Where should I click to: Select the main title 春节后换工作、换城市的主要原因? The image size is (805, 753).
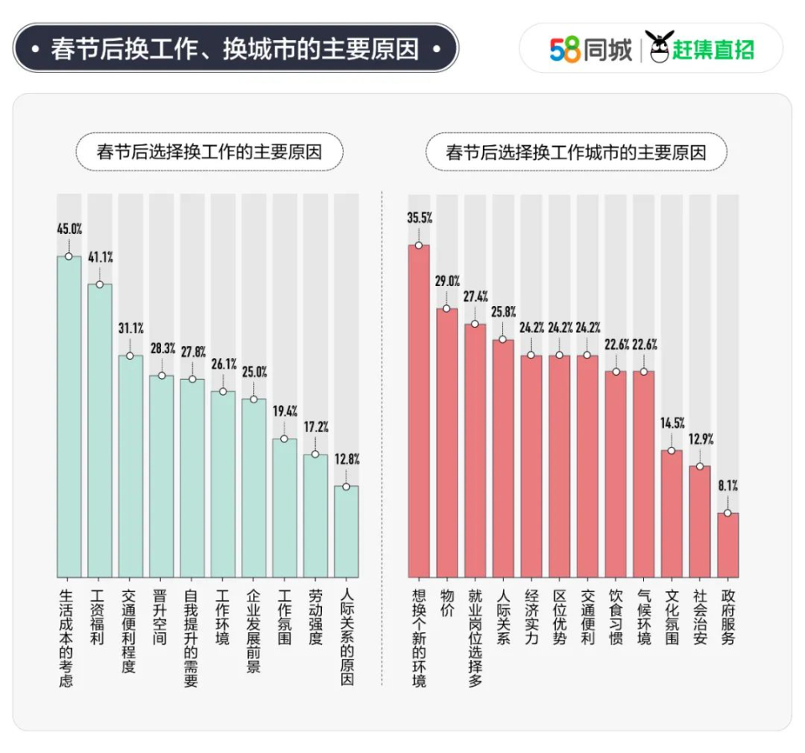235,49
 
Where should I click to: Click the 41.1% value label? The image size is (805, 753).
100,257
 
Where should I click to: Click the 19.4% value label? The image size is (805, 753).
284,411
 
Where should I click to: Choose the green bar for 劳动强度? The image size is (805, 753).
315,516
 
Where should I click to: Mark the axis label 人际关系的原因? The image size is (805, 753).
346,636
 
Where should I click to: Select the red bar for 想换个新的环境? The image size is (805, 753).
418,411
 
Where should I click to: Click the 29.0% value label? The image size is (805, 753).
447,281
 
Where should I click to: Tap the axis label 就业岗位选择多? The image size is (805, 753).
475,636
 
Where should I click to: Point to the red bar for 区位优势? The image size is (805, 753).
559,466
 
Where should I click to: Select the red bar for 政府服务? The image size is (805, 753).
728,545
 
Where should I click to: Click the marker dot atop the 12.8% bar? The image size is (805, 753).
346,486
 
